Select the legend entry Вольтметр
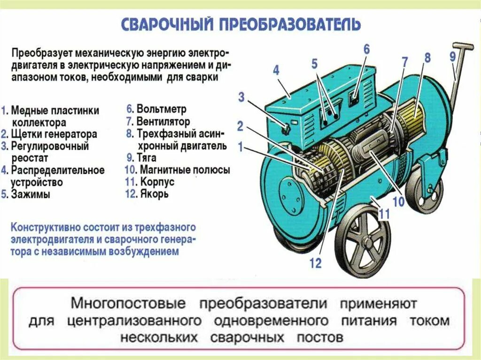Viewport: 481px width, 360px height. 161,109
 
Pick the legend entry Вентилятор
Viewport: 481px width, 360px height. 163,122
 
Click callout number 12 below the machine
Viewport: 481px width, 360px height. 315,263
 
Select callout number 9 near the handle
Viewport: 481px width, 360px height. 452,57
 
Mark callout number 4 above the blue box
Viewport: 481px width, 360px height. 276,70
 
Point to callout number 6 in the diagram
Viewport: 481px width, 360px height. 366,49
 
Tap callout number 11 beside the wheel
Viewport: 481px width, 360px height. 384,214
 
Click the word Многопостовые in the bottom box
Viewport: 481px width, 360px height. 128,303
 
